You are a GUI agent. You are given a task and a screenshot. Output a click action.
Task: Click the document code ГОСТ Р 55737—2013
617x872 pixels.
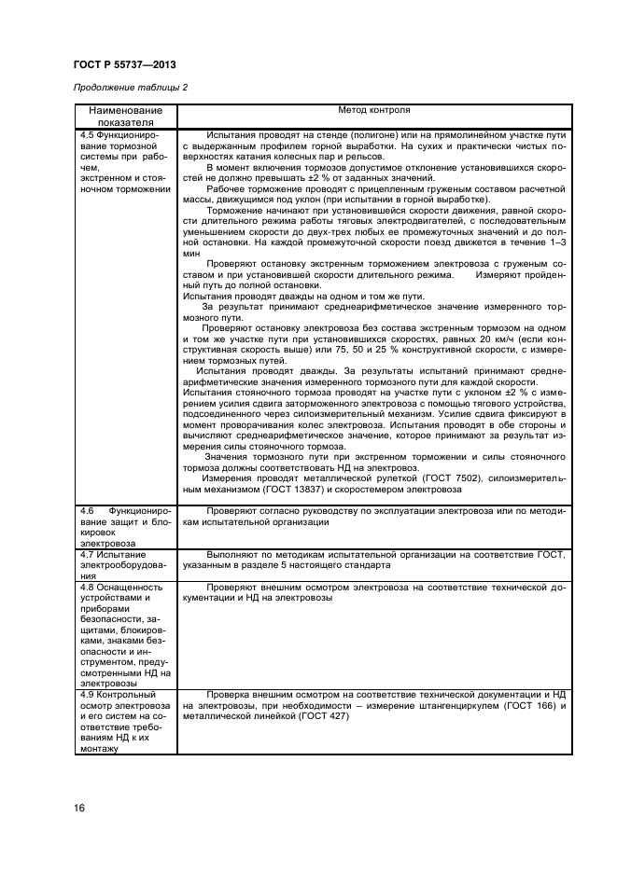124,64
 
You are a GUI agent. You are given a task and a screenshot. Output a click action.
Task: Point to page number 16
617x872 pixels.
78,808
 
